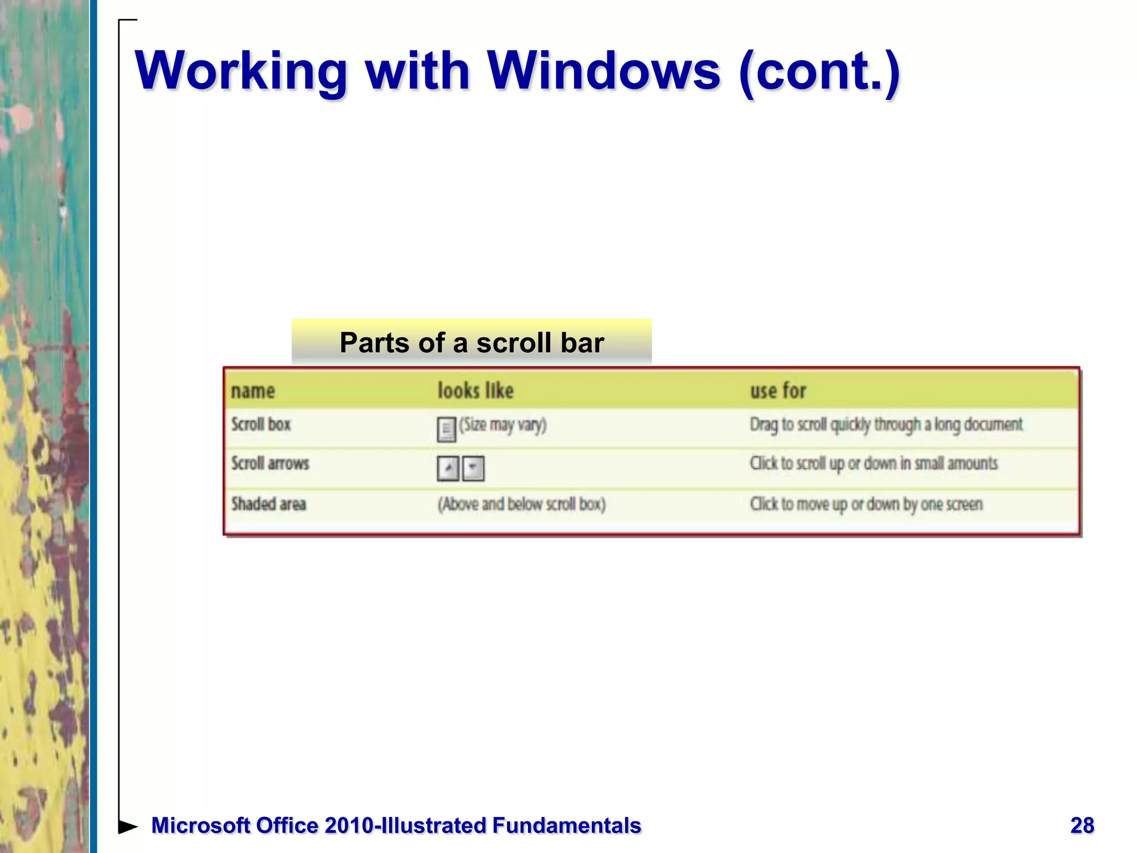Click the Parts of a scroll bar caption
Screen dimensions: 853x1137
click(471, 342)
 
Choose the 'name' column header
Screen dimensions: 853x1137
click(253, 391)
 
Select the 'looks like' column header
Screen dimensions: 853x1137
click(475, 391)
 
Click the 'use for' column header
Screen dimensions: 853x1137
click(778, 391)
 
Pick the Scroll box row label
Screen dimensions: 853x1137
click(261, 425)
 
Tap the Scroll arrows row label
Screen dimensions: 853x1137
click(270, 463)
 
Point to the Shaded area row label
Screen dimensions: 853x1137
click(269, 504)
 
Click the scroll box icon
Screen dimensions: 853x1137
click(446, 429)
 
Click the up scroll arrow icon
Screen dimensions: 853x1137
click(448, 468)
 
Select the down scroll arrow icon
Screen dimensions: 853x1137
click(473, 468)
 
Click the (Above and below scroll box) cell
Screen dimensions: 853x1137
click(521, 504)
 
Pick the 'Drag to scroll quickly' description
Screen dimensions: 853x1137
click(886, 425)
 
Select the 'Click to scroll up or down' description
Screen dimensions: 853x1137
click(873, 463)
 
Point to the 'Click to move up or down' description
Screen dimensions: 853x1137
click(866, 504)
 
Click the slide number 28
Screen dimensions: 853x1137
click(1082, 826)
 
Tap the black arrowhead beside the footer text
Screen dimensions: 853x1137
click(128, 826)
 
